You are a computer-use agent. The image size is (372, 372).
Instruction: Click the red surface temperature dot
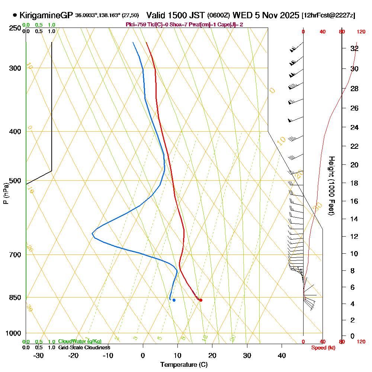(201, 300)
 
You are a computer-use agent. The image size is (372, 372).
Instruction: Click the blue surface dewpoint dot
(174, 300)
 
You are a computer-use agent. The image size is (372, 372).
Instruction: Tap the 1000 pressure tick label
(13, 333)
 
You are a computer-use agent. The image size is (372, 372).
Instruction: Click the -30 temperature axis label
(39, 356)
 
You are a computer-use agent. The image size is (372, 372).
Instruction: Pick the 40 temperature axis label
(282, 356)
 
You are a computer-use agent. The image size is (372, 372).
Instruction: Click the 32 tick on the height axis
(355, 48)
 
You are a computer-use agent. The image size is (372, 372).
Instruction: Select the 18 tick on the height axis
(355, 183)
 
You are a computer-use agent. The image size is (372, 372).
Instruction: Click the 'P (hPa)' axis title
(6, 193)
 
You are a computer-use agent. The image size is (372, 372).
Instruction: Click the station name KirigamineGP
(46, 16)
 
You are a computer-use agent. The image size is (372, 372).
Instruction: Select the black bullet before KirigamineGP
(15, 15)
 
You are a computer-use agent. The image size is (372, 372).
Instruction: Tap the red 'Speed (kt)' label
(323, 348)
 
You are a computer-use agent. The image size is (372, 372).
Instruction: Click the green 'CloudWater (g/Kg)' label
(80, 341)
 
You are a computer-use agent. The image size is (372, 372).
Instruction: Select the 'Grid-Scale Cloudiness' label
(84, 347)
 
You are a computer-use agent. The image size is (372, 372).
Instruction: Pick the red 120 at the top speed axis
(360, 32)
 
